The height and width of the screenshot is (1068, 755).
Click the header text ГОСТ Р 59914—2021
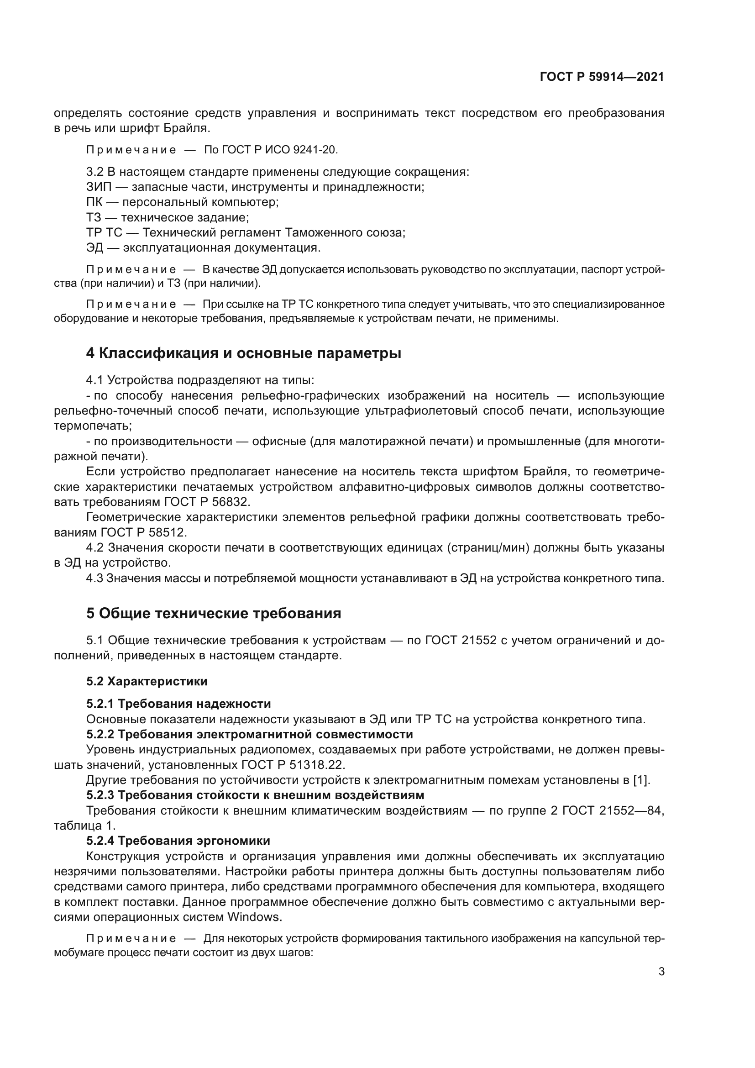[602, 77]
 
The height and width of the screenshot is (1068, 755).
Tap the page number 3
[661, 971]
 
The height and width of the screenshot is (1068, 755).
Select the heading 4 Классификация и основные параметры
[243, 353]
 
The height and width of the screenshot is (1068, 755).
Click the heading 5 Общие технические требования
[213, 614]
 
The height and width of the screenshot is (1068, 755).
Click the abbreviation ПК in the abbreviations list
[94, 202]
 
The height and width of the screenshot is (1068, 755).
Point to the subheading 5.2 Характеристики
[147, 681]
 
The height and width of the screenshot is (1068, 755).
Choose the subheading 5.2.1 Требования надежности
[178, 704]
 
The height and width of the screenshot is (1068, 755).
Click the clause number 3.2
[95, 172]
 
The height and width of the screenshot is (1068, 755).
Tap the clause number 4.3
[94, 578]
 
